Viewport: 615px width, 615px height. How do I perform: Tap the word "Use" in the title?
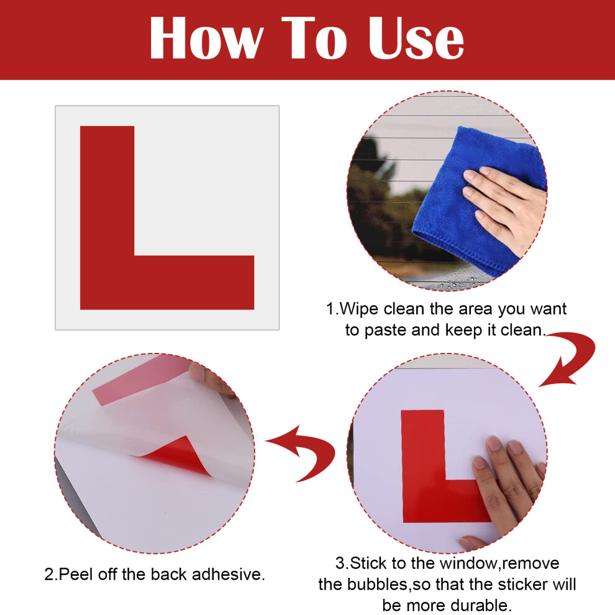(416, 38)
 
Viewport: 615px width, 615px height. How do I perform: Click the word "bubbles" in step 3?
(378, 585)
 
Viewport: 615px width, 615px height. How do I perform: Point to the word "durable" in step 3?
(478, 605)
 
